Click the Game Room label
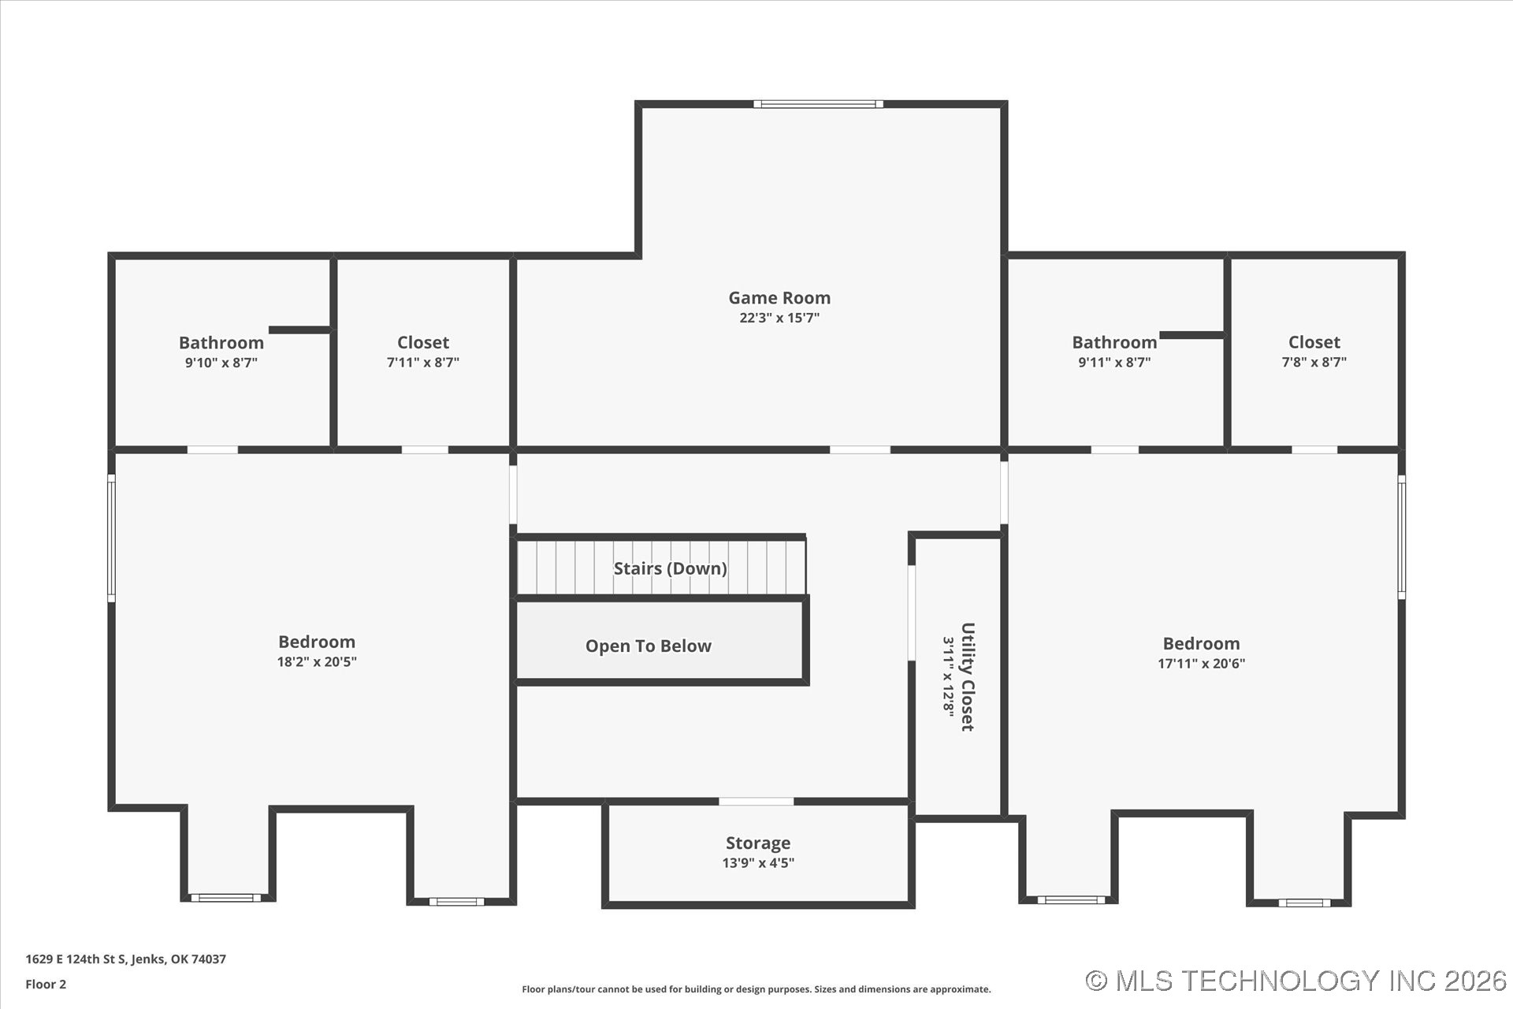(x=779, y=298)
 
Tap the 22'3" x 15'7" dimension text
(x=779, y=318)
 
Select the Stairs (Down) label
(x=670, y=568)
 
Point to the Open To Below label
(x=648, y=646)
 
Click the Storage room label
(x=758, y=843)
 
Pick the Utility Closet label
(x=968, y=677)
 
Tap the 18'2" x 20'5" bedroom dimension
(x=317, y=662)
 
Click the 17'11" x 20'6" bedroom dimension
(x=1201, y=664)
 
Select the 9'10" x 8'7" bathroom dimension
(x=221, y=363)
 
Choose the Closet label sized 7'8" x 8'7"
(x=1314, y=342)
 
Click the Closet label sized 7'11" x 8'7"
(x=423, y=342)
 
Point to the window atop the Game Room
(x=818, y=104)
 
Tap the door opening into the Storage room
(x=756, y=802)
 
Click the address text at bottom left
(x=125, y=959)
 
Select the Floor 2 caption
(x=46, y=985)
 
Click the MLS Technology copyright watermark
(x=1296, y=981)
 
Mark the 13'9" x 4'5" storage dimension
(x=758, y=863)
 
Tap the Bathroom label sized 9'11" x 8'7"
(x=1114, y=342)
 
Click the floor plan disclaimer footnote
(x=756, y=989)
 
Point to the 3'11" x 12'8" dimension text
(x=948, y=677)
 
